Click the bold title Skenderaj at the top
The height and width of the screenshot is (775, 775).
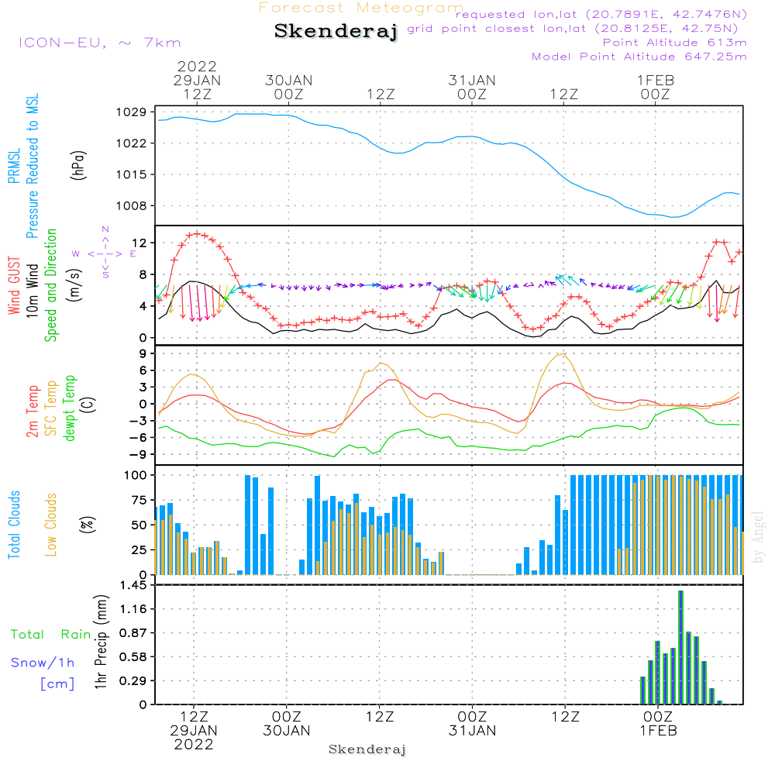(x=336, y=32)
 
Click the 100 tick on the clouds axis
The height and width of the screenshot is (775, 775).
(x=136, y=474)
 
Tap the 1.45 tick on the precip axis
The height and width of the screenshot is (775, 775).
(x=133, y=585)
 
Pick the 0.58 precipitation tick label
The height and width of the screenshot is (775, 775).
(x=133, y=657)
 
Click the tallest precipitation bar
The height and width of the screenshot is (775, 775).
(x=680, y=647)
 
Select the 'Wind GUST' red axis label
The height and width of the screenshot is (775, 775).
(x=14, y=288)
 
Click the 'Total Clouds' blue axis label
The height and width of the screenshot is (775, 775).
(x=14, y=525)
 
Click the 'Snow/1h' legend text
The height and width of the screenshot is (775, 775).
(x=43, y=663)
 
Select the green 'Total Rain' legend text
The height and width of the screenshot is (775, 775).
(x=50, y=634)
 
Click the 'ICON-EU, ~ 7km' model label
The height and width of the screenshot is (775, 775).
(x=99, y=43)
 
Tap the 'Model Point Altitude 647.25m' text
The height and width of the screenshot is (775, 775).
(x=639, y=57)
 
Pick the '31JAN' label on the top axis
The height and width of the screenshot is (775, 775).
(x=472, y=80)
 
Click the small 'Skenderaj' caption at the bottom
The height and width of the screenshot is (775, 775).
(x=367, y=749)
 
